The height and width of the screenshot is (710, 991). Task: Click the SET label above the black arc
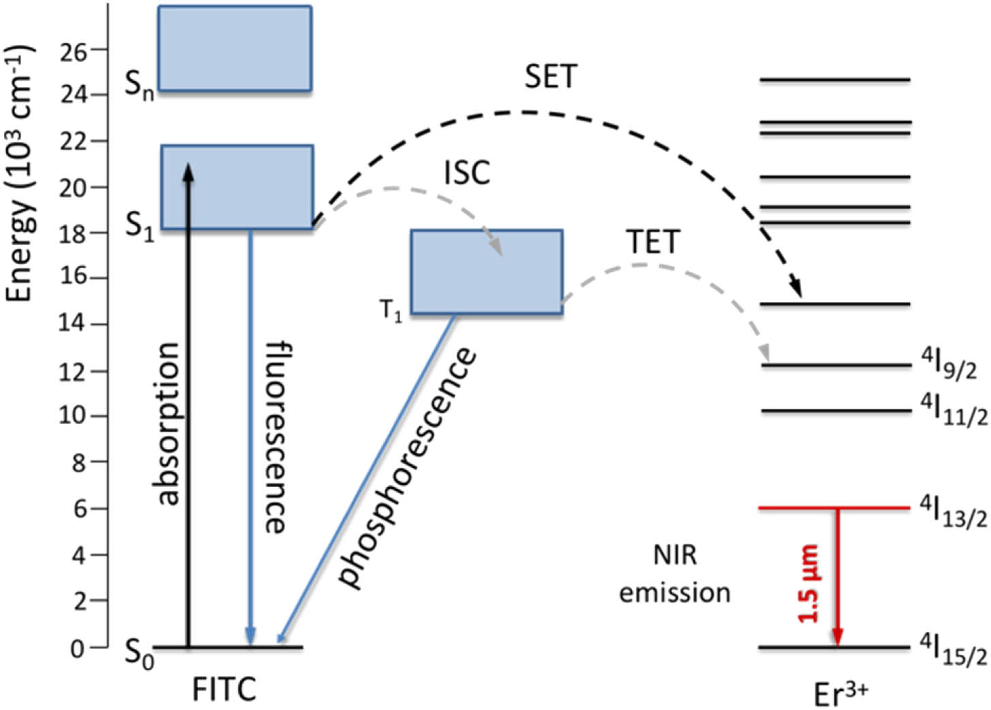[550, 76]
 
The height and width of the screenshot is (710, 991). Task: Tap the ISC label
[467, 173]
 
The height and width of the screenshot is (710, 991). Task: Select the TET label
[653, 242]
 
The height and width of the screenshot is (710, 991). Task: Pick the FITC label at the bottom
[224, 690]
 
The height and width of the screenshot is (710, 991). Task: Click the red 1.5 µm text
[810, 584]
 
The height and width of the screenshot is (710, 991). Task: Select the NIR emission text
[675, 574]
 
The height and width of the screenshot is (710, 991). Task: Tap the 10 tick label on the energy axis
[73, 416]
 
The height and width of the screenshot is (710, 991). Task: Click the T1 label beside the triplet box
[391, 311]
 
